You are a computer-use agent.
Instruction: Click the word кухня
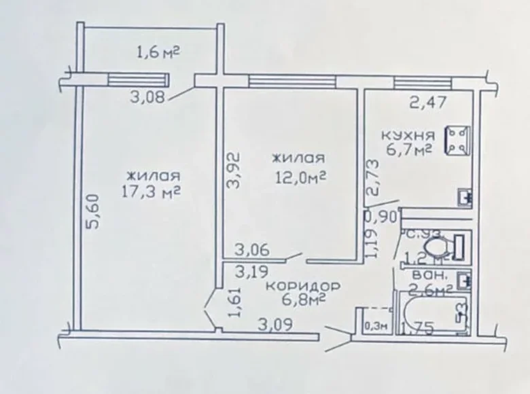pos(408,135)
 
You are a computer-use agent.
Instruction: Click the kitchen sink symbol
pos(466,196)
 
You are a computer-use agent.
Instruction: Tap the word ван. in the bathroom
pos(429,277)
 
